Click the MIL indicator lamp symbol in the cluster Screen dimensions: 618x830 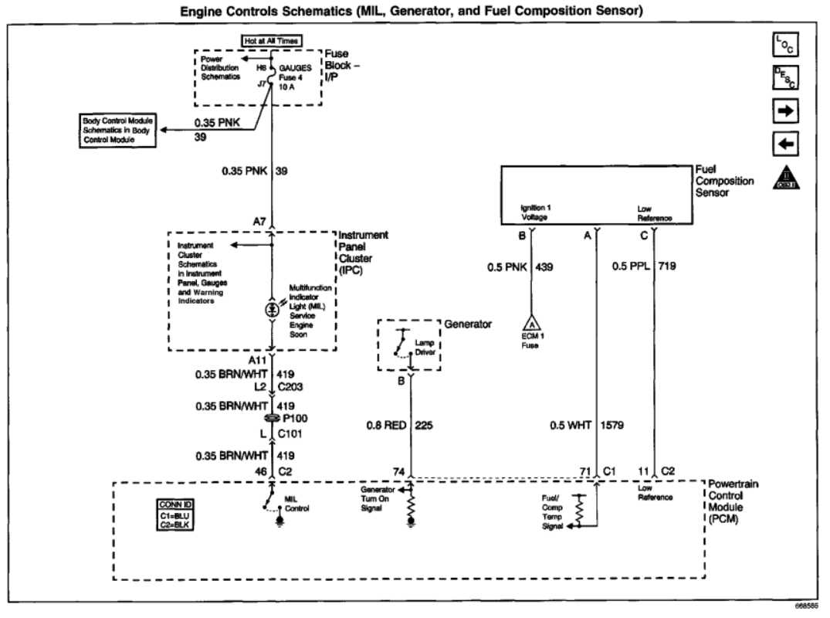point(272,308)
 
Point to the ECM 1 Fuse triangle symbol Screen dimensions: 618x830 point(531,324)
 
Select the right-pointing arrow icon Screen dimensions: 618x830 point(784,112)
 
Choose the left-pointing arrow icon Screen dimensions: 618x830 point(784,144)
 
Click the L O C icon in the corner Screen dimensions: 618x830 point(784,46)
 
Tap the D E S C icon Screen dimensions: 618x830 point(784,79)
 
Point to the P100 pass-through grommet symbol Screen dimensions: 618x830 point(272,418)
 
